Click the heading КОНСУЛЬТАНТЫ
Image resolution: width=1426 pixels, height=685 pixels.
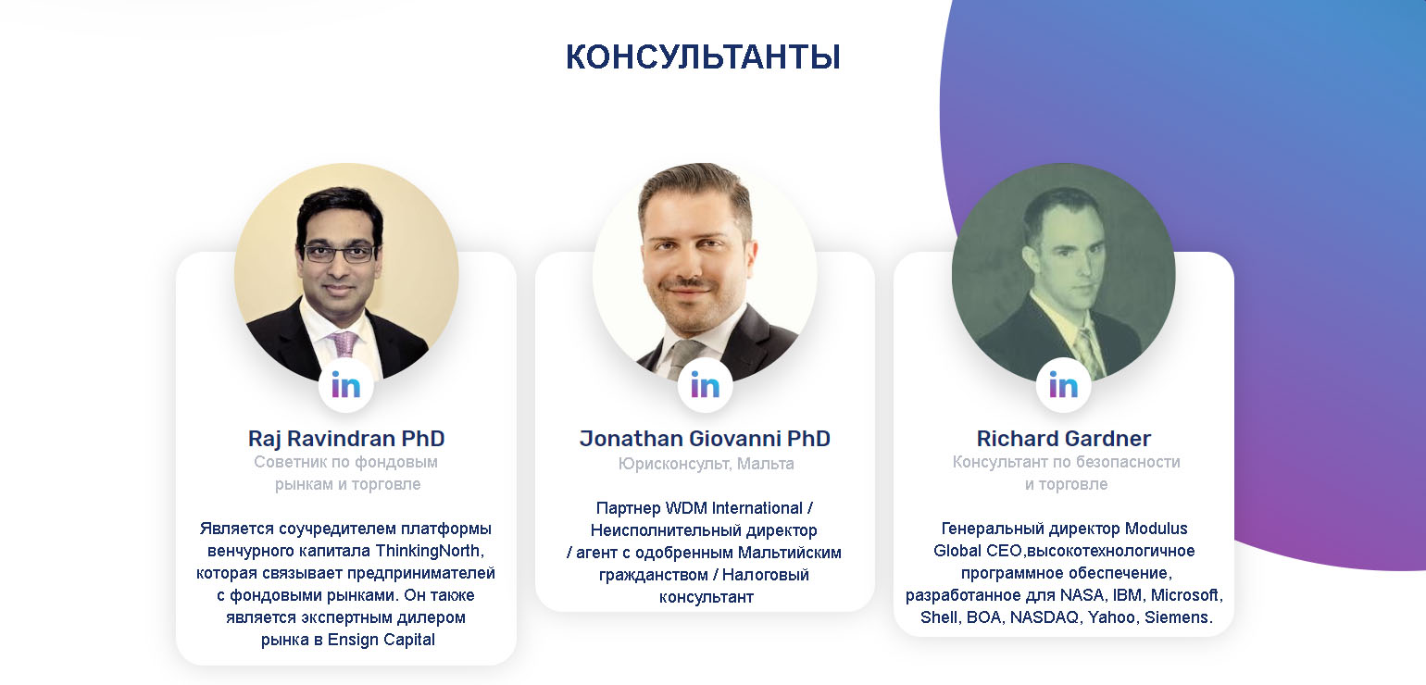click(703, 57)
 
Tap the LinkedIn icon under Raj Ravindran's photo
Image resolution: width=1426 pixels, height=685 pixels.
click(345, 386)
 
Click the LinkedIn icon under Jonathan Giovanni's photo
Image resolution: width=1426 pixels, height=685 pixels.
click(705, 386)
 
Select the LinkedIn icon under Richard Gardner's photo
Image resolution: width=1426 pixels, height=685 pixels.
click(1064, 386)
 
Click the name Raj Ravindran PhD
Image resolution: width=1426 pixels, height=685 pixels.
click(346, 439)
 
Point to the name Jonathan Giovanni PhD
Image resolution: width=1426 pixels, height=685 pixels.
click(705, 439)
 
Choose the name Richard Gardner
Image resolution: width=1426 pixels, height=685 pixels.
click(1064, 439)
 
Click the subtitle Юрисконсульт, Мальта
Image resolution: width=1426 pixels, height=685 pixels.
click(706, 464)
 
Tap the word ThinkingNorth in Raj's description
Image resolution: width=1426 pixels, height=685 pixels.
click(429, 551)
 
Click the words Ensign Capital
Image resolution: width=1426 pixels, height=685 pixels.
click(381, 640)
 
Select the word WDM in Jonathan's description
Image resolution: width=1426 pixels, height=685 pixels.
click(686, 508)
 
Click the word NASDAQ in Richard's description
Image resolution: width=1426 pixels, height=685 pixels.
click(1044, 617)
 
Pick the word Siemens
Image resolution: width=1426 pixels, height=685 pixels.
click(1179, 617)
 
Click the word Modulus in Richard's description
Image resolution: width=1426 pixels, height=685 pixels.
click(1156, 529)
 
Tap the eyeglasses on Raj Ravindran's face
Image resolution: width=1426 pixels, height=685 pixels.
click(340, 254)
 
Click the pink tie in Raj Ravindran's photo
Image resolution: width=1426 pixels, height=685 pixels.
click(344, 343)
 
